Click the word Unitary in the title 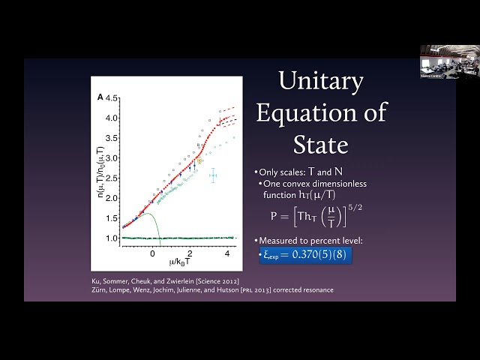(321, 82)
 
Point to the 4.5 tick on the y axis (112, 98)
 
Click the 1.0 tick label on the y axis (112, 238)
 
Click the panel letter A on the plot (100, 97)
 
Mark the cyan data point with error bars (213, 175)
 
